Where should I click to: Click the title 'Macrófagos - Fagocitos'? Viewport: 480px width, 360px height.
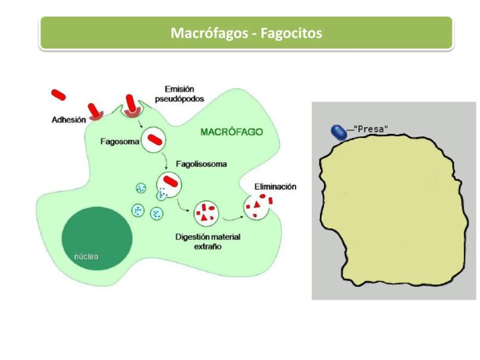click(246, 33)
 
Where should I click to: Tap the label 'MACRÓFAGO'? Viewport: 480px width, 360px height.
click(231, 132)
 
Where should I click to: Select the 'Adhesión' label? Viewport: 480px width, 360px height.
click(68, 121)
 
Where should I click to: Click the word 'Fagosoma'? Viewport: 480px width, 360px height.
click(119, 141)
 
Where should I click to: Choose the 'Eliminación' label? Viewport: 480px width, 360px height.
click(275, 187)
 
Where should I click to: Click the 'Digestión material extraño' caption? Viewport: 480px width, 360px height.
click(208, 242)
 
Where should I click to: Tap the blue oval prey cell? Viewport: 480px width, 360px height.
click(339, 132)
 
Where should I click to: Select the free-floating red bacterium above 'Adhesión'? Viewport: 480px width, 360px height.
click(59, 94)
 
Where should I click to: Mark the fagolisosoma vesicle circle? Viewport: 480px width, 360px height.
click(169, 184)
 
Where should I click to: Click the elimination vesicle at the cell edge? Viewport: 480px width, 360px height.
click(256, 207)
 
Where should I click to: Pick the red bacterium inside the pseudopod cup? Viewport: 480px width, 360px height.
click(133, 103)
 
